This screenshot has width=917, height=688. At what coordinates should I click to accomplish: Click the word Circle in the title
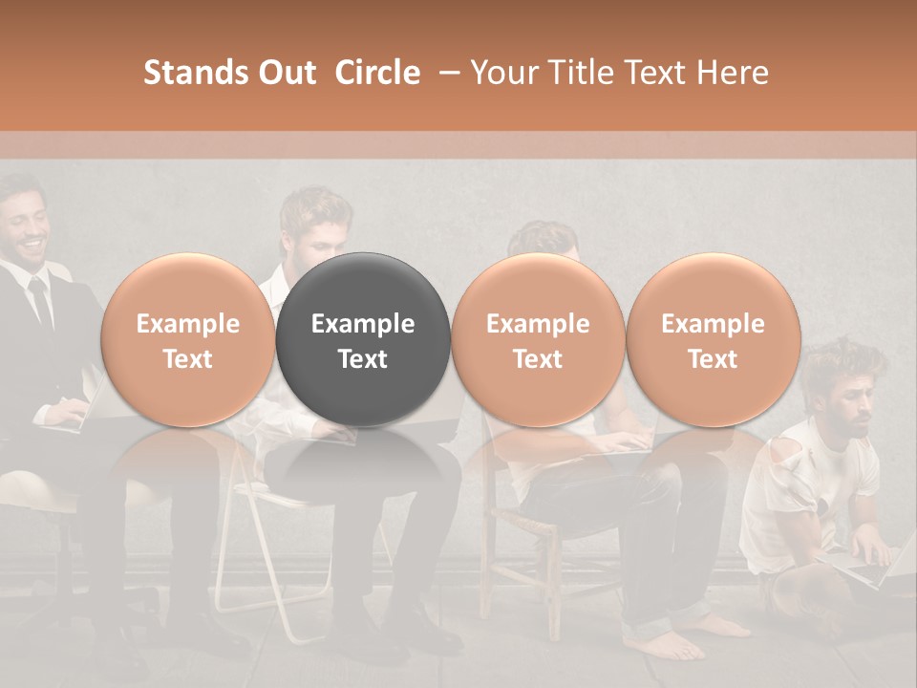(x=377, y=73)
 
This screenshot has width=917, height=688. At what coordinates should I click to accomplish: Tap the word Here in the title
(x=734, y=73)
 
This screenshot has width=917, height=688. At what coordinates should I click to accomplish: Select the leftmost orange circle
(x=187, y=340)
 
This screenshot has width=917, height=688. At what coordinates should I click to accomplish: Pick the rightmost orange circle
(x=713, y=340)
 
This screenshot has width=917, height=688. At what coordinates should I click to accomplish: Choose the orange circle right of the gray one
(x=538, y=340)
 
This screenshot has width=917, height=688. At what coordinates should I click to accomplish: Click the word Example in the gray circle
(x=363, y=324)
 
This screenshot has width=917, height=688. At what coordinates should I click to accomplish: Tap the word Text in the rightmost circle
(x=713, y=359)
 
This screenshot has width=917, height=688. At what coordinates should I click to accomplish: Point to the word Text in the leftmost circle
(x=187, y=359)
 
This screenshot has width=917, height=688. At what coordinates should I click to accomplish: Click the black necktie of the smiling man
(x=41, y=301)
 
